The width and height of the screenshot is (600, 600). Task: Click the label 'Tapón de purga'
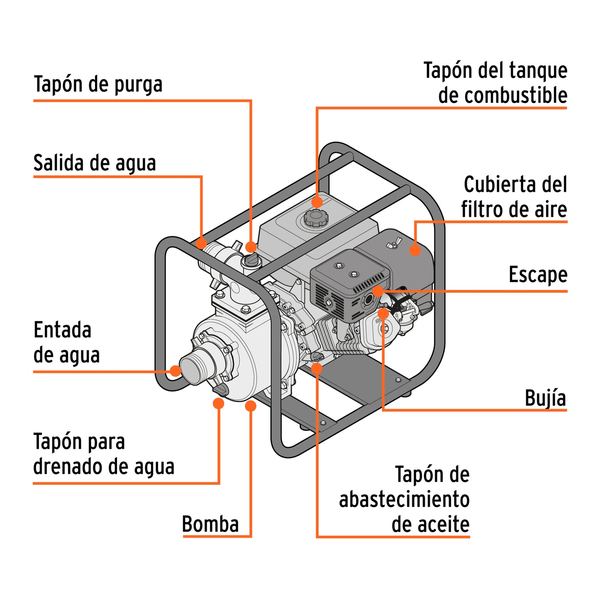98,84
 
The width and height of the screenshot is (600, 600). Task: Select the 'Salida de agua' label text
95,163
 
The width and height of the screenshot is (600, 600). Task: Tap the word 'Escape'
538,275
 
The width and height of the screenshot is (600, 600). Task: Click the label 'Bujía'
545,398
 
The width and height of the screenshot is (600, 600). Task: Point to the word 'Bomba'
211,524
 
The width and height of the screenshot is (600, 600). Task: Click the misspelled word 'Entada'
62,331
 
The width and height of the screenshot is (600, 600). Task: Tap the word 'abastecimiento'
404,499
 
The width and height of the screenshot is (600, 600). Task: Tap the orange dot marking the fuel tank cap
317,202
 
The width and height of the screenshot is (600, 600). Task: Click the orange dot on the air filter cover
414,250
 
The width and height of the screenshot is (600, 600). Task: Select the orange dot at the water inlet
176,371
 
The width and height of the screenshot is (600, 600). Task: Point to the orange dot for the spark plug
383,313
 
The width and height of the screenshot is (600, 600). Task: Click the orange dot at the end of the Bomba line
250,406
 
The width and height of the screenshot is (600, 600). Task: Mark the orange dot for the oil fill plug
317,368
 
